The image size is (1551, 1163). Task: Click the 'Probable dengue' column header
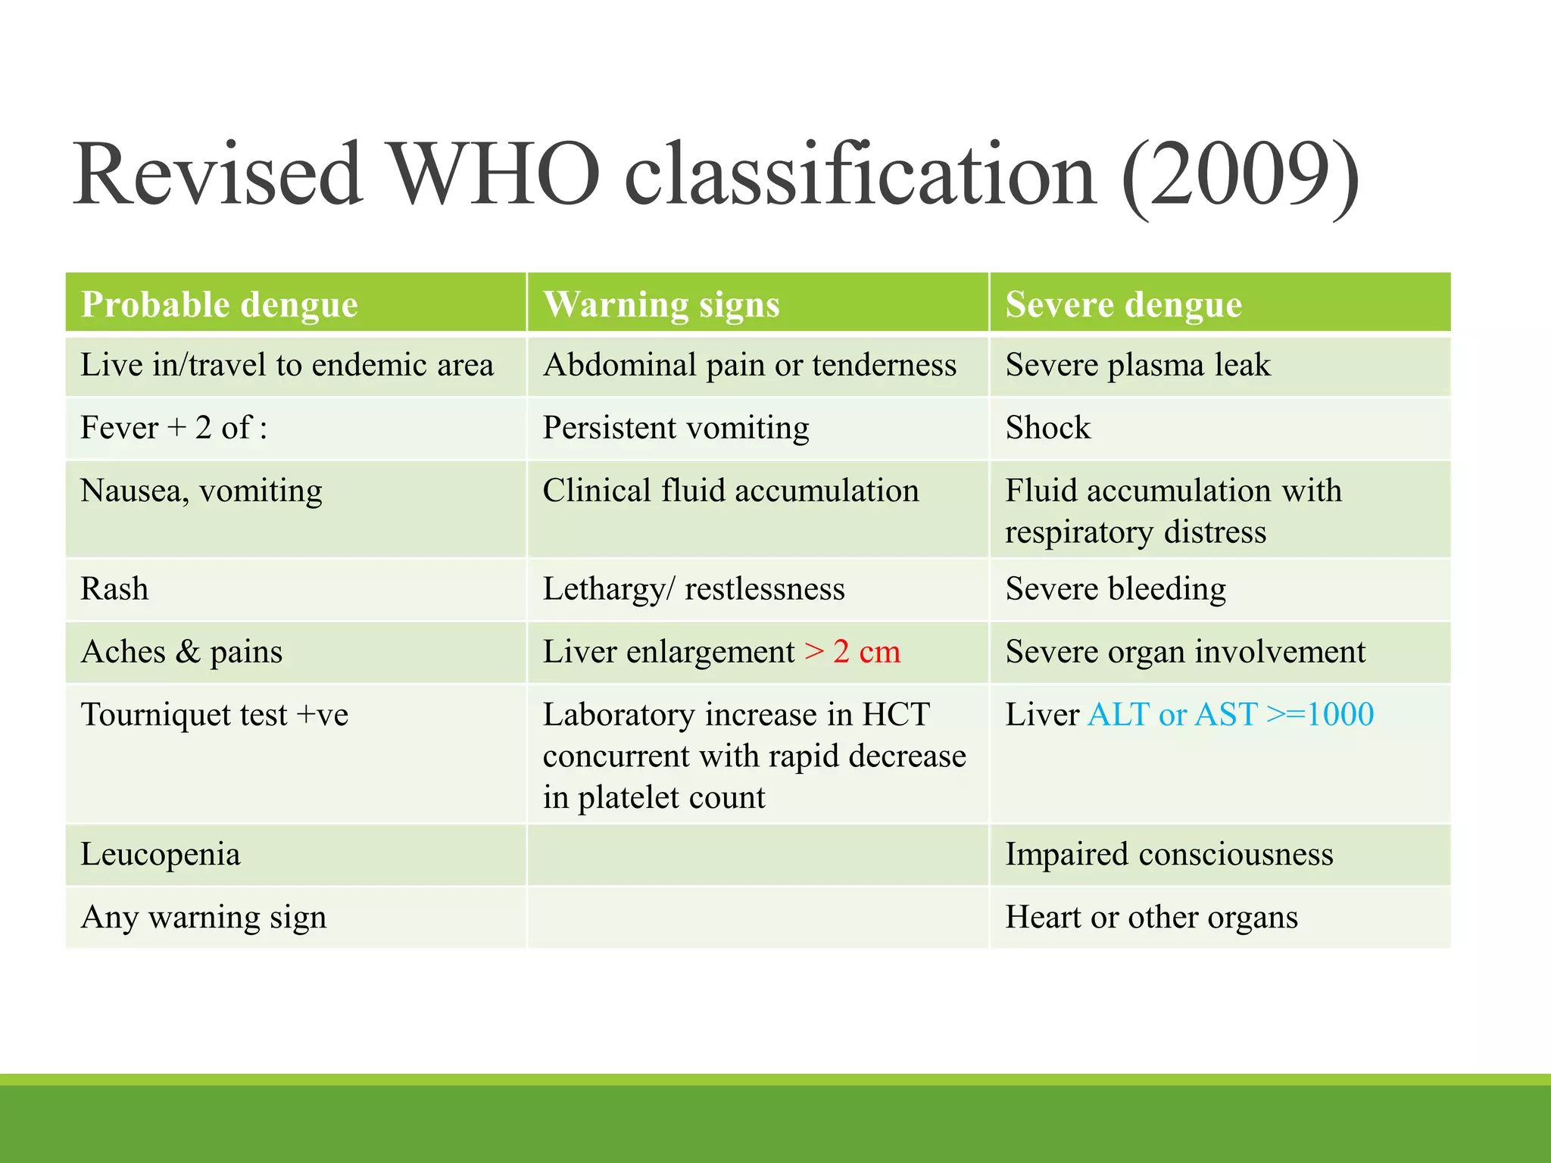coord(219,304)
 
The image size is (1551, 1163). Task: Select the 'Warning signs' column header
coord(661,304)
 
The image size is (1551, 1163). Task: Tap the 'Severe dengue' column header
coord(1123,304)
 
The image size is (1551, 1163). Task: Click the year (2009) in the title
coord(1240,176)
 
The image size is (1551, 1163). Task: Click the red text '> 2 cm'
coord(852,652)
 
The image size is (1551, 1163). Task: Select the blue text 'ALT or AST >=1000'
coord(1230,715)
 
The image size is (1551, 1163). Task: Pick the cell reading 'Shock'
coord(1048,428)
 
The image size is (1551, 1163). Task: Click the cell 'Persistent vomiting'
coord(676,428)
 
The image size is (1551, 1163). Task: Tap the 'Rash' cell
coord(115,589)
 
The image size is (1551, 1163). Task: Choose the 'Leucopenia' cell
coord(161,854)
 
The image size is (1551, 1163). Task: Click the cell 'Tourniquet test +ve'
coord(214,715)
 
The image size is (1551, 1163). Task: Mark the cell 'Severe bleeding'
coord(1116,589)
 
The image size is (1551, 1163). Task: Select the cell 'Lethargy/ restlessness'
coord(694,589)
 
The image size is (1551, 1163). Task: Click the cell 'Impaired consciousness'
coord(1169,854)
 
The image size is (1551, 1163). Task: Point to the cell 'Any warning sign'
coord(204,917)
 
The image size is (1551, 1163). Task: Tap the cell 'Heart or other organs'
coord(1151,917)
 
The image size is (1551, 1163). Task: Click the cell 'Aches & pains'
coord(182,652)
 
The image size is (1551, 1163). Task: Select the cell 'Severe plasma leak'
coord(1138,365)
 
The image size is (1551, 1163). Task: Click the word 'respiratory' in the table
coord(1078,532)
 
